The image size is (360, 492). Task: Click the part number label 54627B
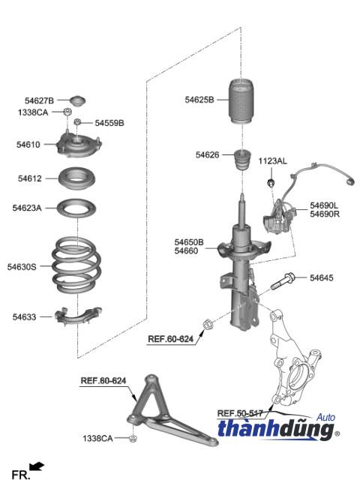[39, 100]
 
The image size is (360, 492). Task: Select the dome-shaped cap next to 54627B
[77, 100]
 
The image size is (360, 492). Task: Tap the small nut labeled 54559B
[77, 121]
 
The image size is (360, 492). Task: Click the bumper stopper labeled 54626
[242, 160]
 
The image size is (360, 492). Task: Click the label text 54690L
[324, 205]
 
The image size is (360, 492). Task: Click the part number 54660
[187, 250]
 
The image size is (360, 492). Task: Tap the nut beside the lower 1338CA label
[133, 438]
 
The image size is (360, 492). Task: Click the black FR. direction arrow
[37, 466]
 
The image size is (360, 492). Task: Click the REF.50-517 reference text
[240, 413]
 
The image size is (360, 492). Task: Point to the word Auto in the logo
[325, 417]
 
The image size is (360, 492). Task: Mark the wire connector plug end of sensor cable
[349, 181]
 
